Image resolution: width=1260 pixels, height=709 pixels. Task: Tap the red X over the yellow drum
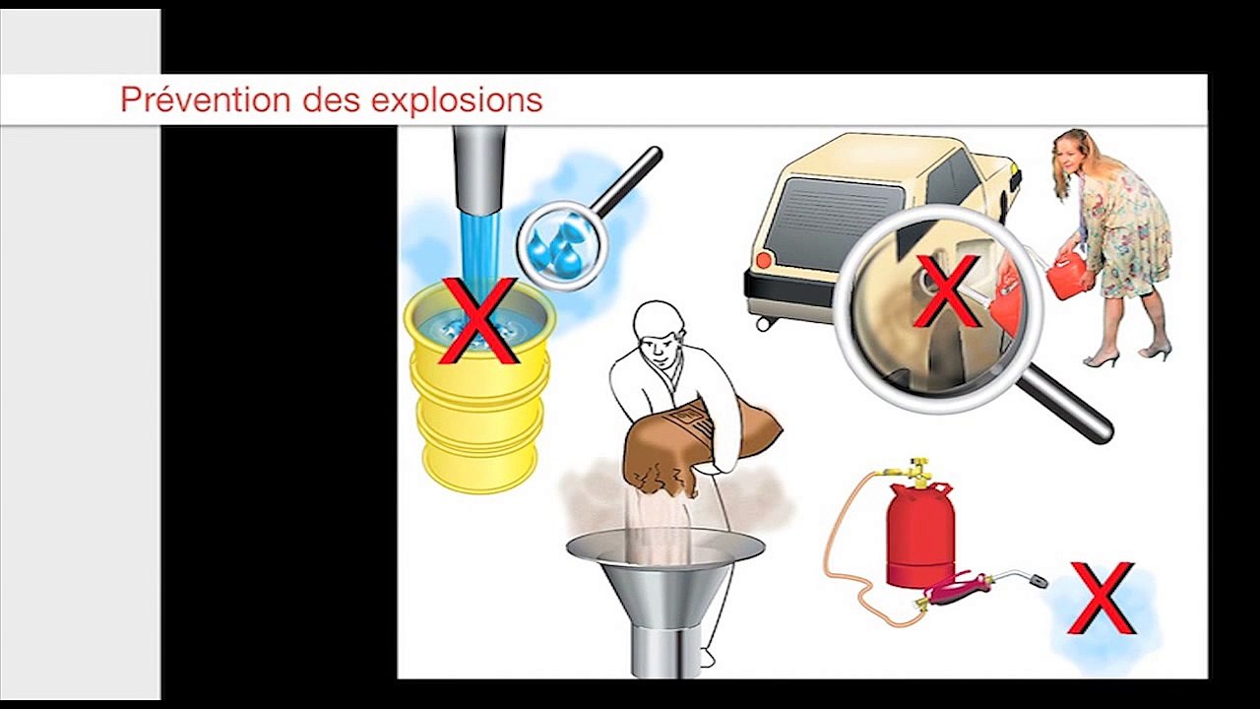click(x=478, y=321)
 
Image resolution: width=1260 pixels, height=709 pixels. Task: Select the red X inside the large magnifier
click(x=946, y=291)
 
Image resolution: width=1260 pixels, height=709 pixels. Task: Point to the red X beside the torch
click(x=1102, y=598)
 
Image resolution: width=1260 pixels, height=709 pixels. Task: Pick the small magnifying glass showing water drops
click(x=563, y=243)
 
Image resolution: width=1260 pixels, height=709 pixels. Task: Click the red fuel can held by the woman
click(x=1064, y=275)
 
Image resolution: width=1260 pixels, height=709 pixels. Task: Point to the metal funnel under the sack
click(x=665, y=581)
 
